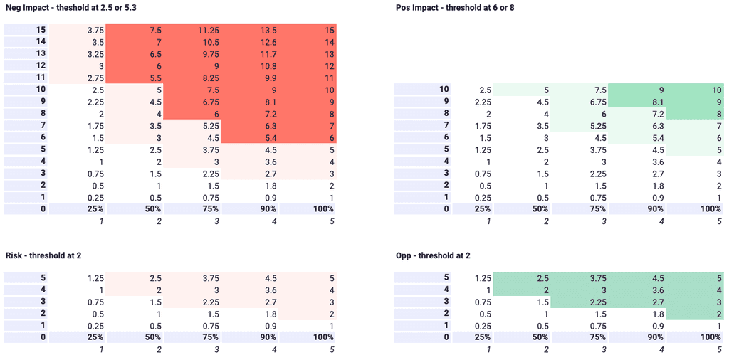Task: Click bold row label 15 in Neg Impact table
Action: click(41, 31)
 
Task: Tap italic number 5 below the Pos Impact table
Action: click(718, 221)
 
